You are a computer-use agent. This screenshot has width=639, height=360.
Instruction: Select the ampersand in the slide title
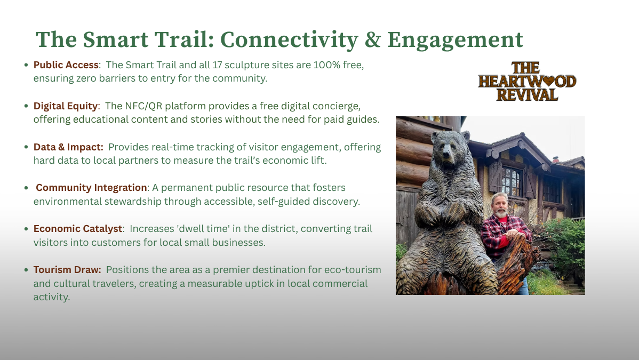[x=372, y=39]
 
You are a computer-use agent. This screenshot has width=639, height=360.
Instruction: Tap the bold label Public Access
[x=66, y=65]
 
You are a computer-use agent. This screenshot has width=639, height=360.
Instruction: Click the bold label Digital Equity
[x=66, y=106]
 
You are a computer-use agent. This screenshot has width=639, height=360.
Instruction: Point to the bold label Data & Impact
[x=68, y=147]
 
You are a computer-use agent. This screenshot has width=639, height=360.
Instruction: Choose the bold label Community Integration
[x=91, y=188]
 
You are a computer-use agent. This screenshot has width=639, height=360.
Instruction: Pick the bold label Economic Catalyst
[x=78, y=229]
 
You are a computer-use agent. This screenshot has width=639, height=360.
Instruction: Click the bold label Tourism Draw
[x=67, y=269]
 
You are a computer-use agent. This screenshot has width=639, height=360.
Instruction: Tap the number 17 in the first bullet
[x=217, y=65]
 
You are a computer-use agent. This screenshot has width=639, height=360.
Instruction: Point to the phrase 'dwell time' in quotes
[x=204, y=228]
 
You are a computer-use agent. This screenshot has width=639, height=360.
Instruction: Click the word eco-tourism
[x=353, y=269]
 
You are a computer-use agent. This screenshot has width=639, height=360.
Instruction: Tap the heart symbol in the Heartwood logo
[x=549, y=81]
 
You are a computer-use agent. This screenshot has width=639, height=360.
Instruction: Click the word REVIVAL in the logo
[x=527, y=95]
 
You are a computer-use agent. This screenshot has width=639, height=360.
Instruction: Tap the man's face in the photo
[x=500, y=207]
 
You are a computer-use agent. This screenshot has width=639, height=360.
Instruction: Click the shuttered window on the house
[x=512, y=181]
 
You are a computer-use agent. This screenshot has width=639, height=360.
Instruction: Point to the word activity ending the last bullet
[x=52, y=297]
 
